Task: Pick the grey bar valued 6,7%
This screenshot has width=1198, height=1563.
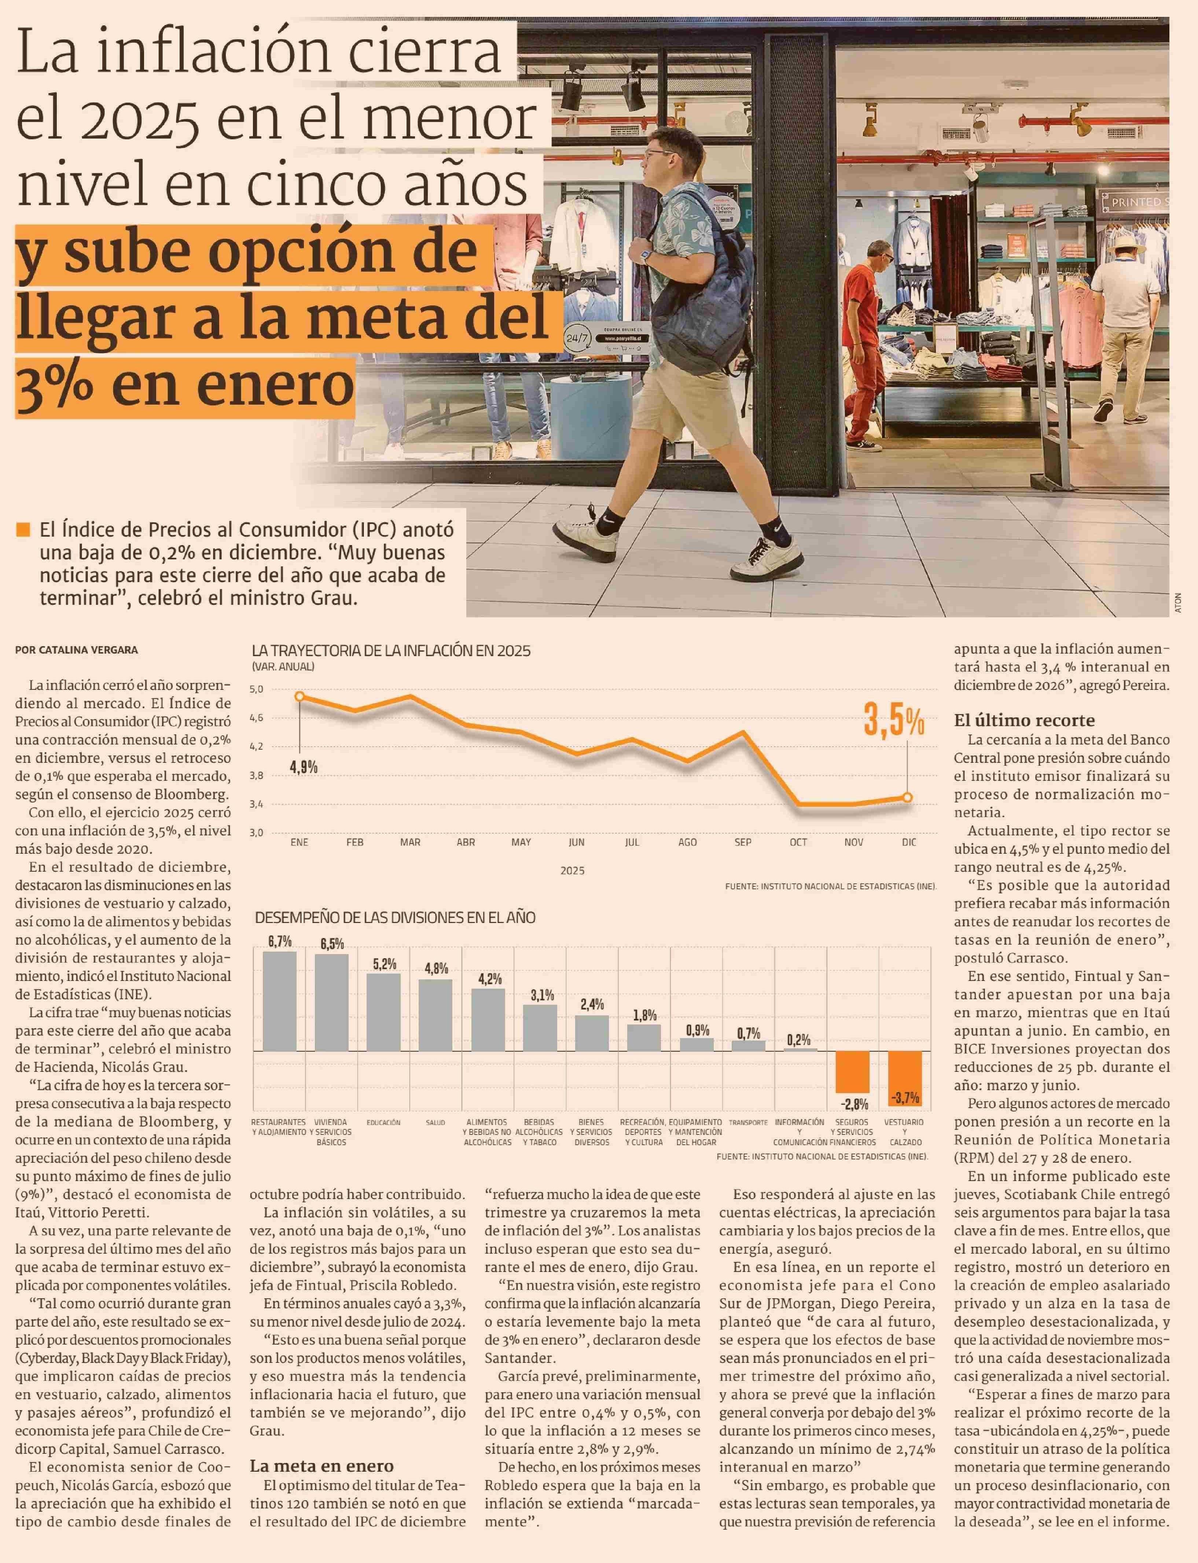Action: point(280,1001)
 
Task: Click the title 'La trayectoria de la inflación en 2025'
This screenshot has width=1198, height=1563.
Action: point(391,651)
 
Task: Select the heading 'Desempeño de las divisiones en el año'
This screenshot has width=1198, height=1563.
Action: point(395,918)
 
